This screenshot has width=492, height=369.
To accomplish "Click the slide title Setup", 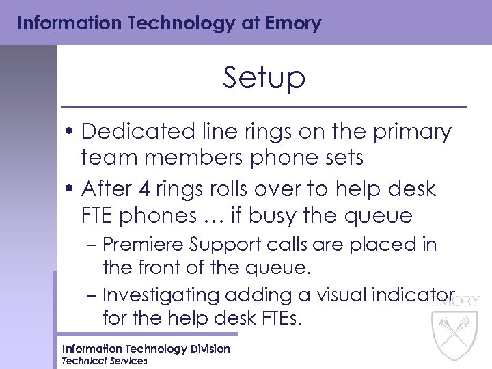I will (264, 79).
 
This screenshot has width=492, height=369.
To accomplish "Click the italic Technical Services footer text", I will (105, 361).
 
